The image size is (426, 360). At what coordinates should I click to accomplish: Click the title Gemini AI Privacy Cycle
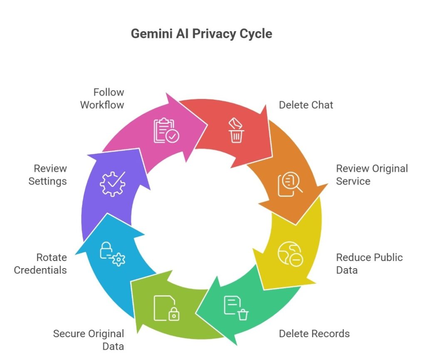coord(201,33)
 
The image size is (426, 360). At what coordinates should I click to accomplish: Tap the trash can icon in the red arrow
coord(236,131)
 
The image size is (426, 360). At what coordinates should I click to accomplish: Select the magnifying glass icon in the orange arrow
coord(290,184)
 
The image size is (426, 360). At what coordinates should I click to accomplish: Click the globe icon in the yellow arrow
coord(290,254)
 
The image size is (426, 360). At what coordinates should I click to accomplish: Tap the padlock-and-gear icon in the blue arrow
coord(112,254)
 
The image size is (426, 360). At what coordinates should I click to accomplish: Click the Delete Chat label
coord(306,105)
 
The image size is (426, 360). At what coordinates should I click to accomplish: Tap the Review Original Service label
coord(372,175)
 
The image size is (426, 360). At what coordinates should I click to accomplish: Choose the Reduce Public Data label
coord(369,263)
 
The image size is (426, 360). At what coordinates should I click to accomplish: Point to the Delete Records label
coord(314,333)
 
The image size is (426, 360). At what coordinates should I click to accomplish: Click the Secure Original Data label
coord(88,339)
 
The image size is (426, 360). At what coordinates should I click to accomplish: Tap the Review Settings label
coord(47,175)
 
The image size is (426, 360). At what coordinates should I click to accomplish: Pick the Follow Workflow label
coord(102,98)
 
